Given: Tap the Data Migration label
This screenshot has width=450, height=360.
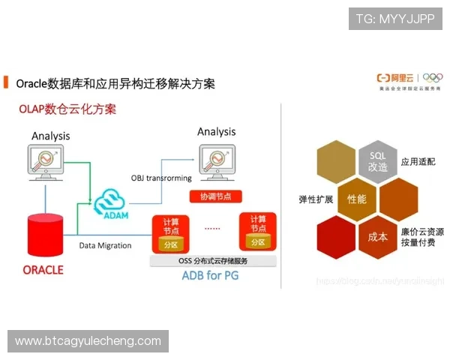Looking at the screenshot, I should point(105,245).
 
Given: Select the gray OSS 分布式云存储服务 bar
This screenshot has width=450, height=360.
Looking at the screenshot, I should point(213,261).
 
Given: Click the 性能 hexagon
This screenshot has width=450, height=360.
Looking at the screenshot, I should point(357,199).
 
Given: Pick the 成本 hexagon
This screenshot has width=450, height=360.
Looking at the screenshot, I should point(378,237).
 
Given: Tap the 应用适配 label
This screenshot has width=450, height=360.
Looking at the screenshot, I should point(418,161).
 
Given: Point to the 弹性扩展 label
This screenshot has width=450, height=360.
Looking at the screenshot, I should point(316,200).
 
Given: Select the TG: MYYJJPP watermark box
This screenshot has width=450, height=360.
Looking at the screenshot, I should point(395,18).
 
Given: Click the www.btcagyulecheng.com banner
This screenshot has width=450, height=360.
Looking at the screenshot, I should point(89,341).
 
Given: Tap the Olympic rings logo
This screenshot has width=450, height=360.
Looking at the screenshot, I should point(433,77).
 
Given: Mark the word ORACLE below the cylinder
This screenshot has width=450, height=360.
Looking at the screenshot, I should point(43,269).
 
